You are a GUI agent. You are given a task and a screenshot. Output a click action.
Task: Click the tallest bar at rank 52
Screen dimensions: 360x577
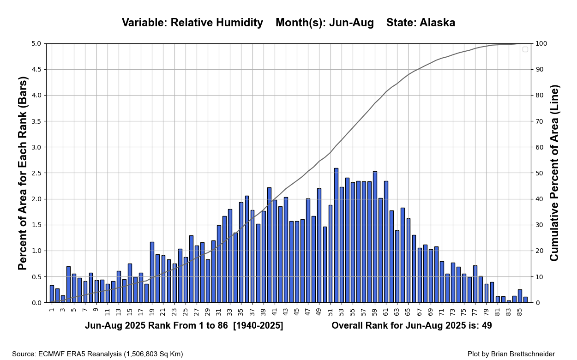pyautogui.click(x=336, y=235)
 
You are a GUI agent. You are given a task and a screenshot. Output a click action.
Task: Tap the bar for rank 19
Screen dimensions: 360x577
pyautogui.click(x=152, y=272)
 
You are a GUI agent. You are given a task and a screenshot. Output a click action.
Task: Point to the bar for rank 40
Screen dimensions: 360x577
pyautogui.click(x=269, y=245)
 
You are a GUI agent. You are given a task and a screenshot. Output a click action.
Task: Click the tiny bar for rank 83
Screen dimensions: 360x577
pyautogui.click(x=509, y=301)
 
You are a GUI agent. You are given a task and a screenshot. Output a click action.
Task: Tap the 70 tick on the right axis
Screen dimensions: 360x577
pyautogui.click(x=541, y=121)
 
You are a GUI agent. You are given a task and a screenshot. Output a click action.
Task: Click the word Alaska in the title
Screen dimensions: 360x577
pyautogui.click(x=437, y=23)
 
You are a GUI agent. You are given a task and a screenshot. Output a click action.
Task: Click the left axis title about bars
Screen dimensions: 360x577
pyautogui.click(x=23, y=173)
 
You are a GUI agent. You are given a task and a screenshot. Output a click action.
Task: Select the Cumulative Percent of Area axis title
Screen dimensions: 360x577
pyautogui.click(x=554, y=173)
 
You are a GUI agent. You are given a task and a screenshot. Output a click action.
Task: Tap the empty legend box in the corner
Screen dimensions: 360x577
pyautogui.click(x=525, y=49)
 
